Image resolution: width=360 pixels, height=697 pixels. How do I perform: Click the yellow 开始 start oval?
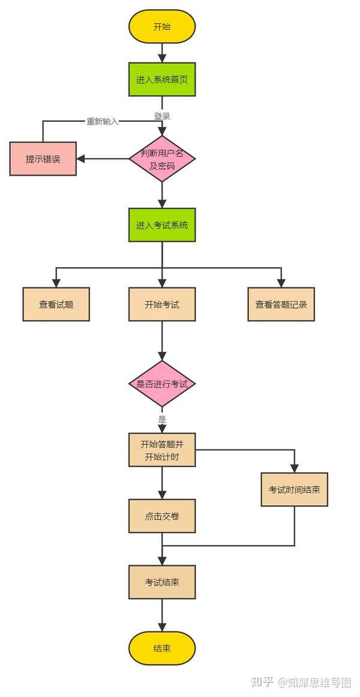tap(162, 26)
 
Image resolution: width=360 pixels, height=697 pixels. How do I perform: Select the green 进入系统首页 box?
tap(162, 79)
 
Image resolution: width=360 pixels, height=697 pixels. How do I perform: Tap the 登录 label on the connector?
tap(162, 116)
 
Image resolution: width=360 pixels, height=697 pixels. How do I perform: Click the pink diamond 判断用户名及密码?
tap(162, 159)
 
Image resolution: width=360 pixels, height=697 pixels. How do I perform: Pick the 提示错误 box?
tap(43, 159)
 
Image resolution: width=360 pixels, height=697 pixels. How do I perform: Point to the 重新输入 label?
tap(102, 121)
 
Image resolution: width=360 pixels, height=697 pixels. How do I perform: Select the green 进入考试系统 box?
tap(162, 225)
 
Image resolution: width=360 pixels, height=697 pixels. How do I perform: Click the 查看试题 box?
tap(56, 304)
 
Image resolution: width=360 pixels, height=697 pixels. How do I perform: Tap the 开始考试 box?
tap(162, 304)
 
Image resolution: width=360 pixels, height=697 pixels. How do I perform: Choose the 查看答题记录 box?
tap(281, 304)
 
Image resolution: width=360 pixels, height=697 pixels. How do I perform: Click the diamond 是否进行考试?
tap(162, 384)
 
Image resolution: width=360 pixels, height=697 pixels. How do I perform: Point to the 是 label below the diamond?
tap(162, 420)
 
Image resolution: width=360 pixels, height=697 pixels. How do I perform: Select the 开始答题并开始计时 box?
tap(162, 450)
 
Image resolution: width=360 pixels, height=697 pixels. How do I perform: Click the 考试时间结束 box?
tap(294, 489)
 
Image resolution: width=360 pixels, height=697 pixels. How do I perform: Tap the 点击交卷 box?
tap(162, 516)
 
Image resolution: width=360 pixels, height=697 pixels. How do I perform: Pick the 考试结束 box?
tap(162, 582)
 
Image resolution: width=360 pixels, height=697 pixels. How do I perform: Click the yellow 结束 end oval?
tap(162, 648)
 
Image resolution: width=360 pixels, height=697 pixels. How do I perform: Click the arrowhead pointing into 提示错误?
tap(81, 159)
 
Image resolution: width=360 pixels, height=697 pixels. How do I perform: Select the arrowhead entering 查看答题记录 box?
tap(281, 283)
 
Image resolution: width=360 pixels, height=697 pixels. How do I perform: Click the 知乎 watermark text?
tap(262, 683)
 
